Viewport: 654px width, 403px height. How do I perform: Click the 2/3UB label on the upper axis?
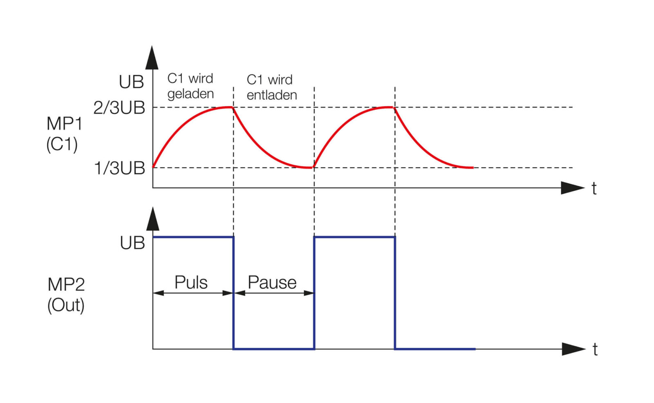(119, 108)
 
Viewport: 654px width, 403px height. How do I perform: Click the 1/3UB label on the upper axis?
(120, 168)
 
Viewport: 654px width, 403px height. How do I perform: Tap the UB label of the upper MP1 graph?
(131, 82)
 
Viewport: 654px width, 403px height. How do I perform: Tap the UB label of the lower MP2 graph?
(132, 243)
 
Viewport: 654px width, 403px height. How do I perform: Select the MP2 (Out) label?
(66, 295)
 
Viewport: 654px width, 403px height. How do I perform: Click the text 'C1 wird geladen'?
(190, 86)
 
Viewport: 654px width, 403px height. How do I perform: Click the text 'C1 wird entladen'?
(271, 87)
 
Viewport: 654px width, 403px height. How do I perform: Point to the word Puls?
(191, 282)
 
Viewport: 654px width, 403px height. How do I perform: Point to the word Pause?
(272, 282)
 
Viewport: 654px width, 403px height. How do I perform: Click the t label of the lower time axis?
(595, 350)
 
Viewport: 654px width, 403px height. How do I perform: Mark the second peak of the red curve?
(393, 107)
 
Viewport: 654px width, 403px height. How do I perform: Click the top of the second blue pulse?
(354, 237)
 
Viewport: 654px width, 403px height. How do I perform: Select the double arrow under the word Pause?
(274, 293)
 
